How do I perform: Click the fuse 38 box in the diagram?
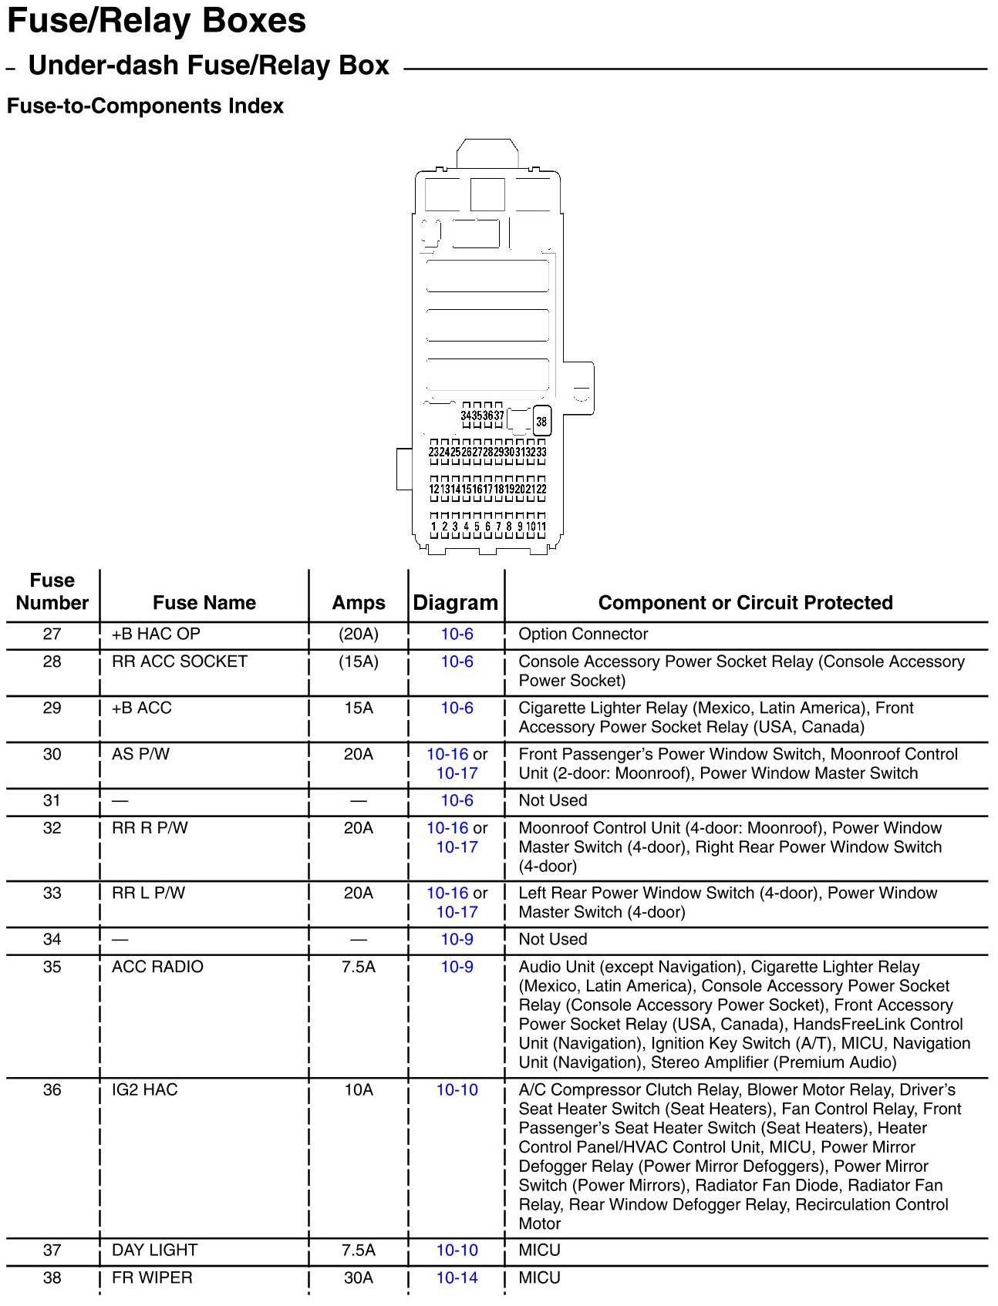point(541,422)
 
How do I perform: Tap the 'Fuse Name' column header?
point(204,603)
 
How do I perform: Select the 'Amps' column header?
point(359,603)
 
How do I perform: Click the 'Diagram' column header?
point(456,603)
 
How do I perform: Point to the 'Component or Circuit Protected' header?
point(745,603)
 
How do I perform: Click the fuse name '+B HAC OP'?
point(156,634)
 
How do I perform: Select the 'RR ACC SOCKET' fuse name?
point(180,662)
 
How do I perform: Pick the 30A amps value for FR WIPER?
point(359,1278)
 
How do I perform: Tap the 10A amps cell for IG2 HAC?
point(359,1090)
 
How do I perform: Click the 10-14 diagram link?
point(457,1278)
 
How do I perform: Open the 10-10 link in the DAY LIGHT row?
point(457,1250)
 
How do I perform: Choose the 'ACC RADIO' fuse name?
point(157,968)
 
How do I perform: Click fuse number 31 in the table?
point(52,801)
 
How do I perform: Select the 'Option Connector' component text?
point(583,634)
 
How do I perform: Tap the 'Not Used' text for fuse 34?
point(553,940)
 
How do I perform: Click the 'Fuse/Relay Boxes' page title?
point(157,22)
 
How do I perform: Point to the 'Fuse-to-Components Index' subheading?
point(145,106)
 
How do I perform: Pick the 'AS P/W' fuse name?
point(140,755)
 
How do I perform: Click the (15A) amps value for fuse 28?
point(359,662)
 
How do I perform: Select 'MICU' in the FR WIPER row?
point(540,1278)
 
